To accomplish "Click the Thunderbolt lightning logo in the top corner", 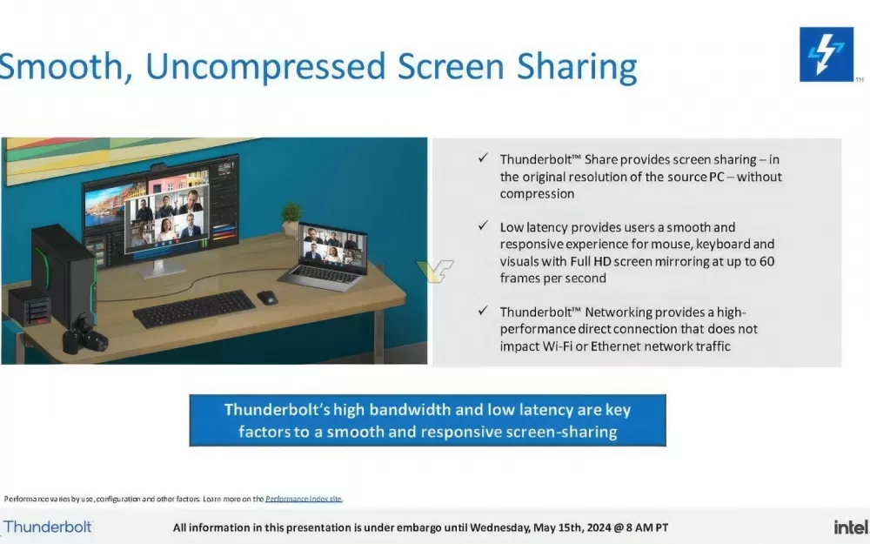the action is click(826, 54).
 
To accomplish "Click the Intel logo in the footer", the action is click(851, 527).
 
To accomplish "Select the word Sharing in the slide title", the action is click(577, 67).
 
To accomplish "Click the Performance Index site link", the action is click(304, 499).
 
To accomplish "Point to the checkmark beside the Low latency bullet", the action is click(483, 225).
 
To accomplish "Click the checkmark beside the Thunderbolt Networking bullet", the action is click(483, 311).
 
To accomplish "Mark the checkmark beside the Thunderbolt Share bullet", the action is click(483, 158).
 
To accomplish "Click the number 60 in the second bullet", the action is click(766, 261).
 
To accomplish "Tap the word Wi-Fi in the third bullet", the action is click(557, 346).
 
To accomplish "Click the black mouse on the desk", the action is click(267, 298).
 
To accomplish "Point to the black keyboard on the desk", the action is click(194, 308).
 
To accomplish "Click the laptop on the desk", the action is click(326, 256).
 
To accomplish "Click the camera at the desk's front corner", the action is click(84, 335).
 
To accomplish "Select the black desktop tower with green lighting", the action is click(64, 275).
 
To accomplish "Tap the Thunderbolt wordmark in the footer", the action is click(48, 527).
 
